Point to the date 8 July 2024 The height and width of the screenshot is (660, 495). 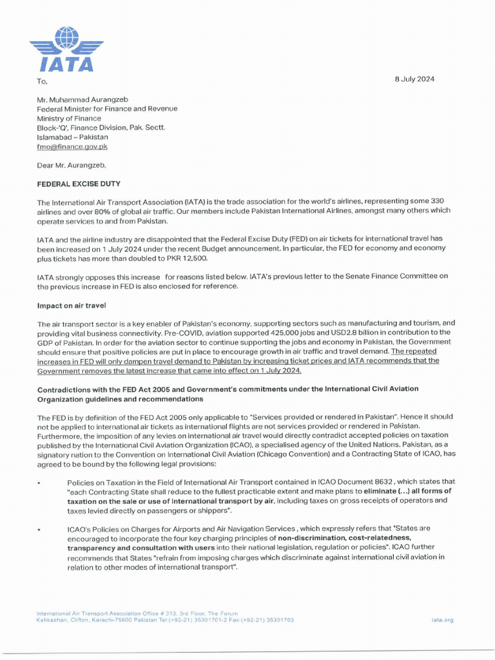[414, 79]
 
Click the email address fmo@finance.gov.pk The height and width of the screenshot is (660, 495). [72, 146]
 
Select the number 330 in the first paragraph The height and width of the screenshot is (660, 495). [433, 202]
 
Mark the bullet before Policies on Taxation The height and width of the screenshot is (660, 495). [39, 483]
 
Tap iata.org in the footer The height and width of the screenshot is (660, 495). [443, 619]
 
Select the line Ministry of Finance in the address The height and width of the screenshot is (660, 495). [69, 118]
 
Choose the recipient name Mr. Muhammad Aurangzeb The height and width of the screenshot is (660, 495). [89, 99]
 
